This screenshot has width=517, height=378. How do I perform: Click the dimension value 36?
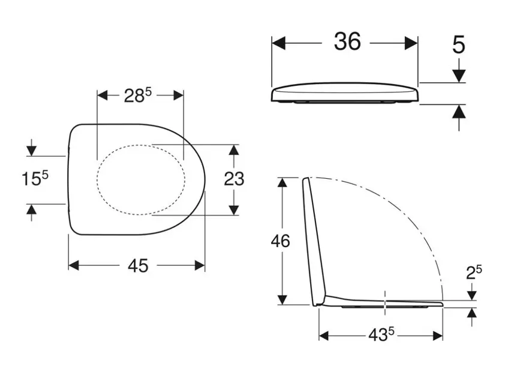(x=347, y=42)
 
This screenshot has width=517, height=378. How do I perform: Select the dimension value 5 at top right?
(x=458, y=44)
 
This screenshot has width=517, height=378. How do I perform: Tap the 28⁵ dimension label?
(x=139, y=95)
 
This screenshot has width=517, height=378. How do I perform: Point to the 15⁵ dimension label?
(x=35, y=179)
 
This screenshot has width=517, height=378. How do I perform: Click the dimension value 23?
(x=233, y=178)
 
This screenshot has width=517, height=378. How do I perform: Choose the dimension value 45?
(x=137, y=266)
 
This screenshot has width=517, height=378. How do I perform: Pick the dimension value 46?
(x=279, y=241)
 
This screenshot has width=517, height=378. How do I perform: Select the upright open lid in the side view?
(x=314, y=240)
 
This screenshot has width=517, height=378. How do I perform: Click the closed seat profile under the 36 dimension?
(x=345, y=95)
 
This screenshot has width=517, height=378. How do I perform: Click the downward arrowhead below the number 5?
(x=459, y=76)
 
